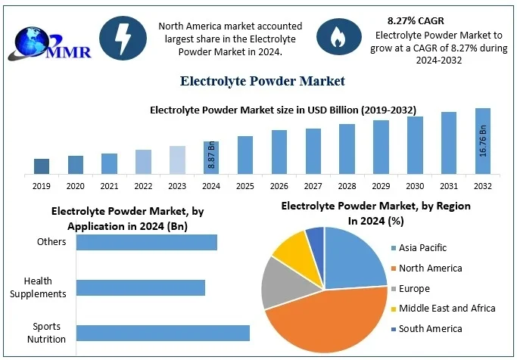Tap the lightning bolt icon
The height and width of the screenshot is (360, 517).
pos(124,37)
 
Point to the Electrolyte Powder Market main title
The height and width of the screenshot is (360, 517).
pos(263,80)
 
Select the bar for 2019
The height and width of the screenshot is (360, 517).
pos(42,166)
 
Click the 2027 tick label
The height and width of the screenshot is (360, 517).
pos(313,185)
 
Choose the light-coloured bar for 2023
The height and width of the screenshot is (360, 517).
pos(177,160)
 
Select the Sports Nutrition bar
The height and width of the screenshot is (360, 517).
pos(163,334)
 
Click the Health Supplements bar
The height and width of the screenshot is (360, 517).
pos(141,287)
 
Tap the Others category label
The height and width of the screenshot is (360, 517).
pos(52,242)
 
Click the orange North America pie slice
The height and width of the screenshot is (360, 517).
pos(329,318)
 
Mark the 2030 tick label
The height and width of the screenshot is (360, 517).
pos(415,185)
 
